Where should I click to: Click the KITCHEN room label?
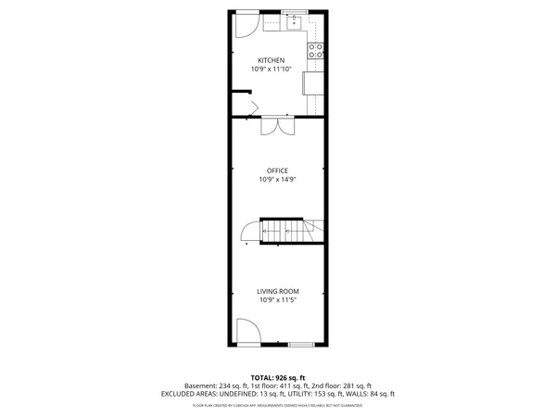pos(277,61)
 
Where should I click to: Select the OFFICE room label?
pos(277,171)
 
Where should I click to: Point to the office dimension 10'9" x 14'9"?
pos(277,180)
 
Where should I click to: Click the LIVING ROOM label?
pos(277,292)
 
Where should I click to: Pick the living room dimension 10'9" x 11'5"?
pos(277,300)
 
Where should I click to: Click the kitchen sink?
pos(294,24)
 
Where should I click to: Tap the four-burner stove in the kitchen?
pos(316,50)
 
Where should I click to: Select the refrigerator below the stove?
pos(313,83)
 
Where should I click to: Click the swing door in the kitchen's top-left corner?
pos(246,24)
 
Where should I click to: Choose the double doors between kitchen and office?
pos(278,127)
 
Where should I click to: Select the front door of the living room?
pos(247,331)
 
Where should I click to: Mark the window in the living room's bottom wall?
pos(301,344)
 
